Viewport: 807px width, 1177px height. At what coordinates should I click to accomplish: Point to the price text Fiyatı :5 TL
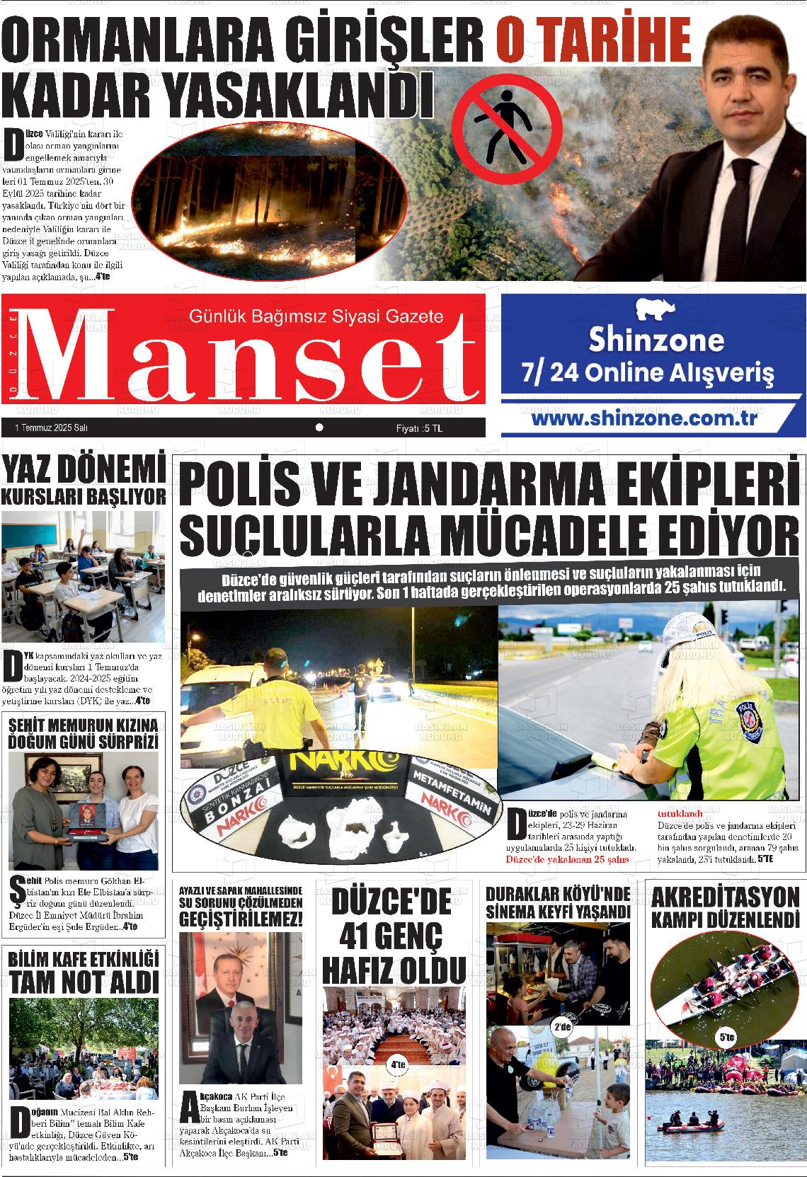(419, 428)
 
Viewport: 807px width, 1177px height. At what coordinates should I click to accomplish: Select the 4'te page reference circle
(397, 1064)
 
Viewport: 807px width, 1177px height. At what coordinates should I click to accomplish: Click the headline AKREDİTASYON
(724, 898)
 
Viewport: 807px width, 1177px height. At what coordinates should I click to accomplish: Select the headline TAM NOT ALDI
(84, 982)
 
